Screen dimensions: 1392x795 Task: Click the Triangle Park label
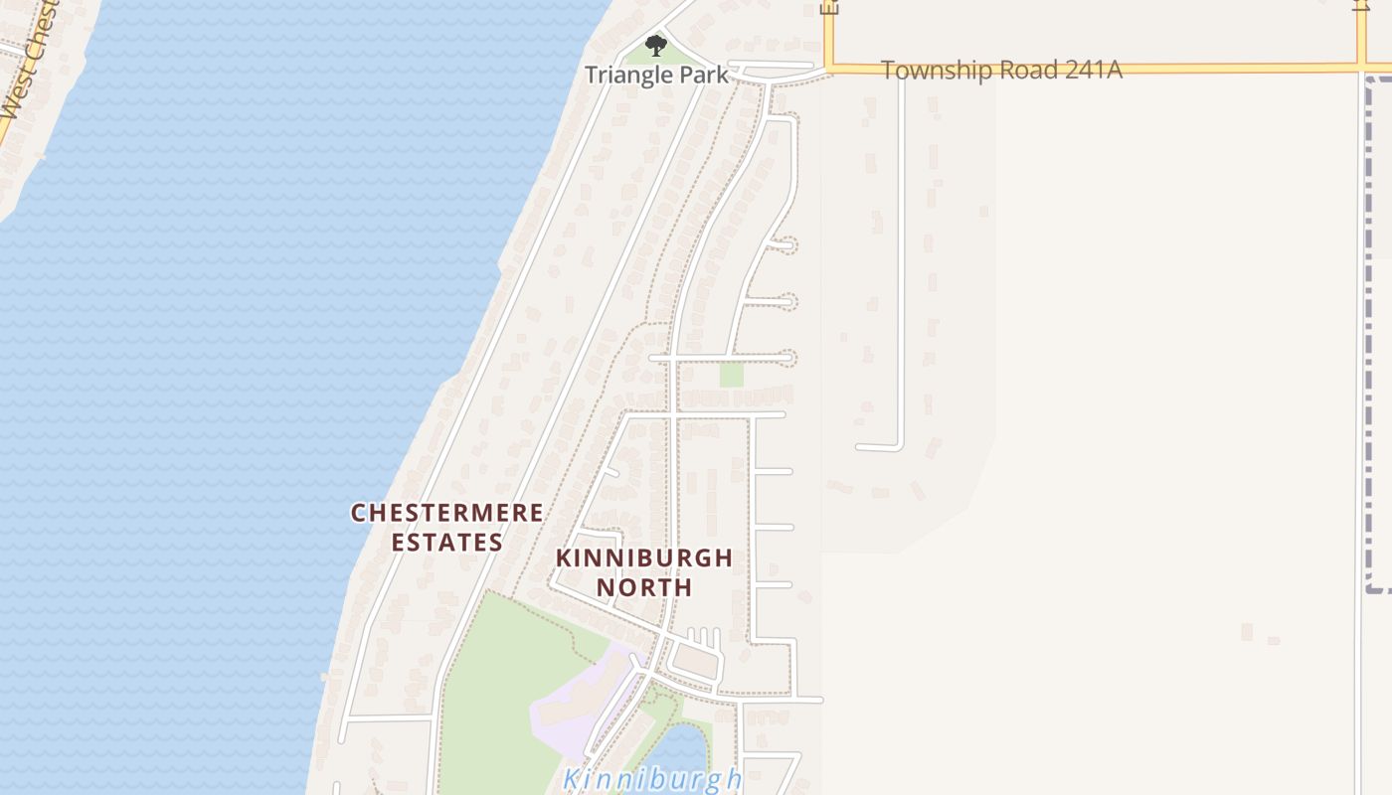point(655,75)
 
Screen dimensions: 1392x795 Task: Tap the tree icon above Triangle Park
point(655,45)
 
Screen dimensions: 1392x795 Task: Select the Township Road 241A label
point(1000,70)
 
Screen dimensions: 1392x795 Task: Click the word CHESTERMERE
point(447,513)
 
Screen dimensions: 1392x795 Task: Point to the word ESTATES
point(447,543)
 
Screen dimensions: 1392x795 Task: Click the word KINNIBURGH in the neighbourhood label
point(644,557)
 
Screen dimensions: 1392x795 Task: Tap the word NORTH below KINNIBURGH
point(644,587)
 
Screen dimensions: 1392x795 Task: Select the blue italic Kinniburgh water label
point(652,778)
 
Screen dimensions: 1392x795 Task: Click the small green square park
point(732,375)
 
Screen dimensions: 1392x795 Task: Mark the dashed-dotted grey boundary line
point(1371,338)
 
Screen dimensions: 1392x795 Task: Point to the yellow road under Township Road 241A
point(1193,69)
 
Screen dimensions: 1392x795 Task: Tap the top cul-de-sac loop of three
point(786,243)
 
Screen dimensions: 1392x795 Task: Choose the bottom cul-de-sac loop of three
point(786,355)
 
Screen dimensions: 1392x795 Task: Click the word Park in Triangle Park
point(703,75)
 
